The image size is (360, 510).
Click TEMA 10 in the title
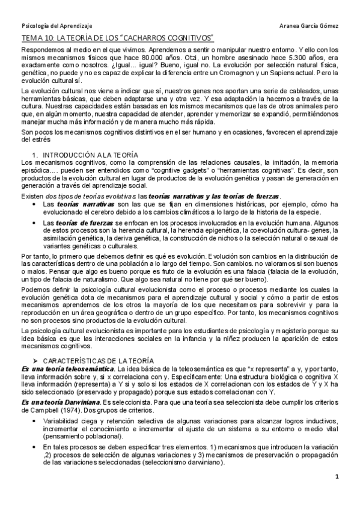coord(37,38)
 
